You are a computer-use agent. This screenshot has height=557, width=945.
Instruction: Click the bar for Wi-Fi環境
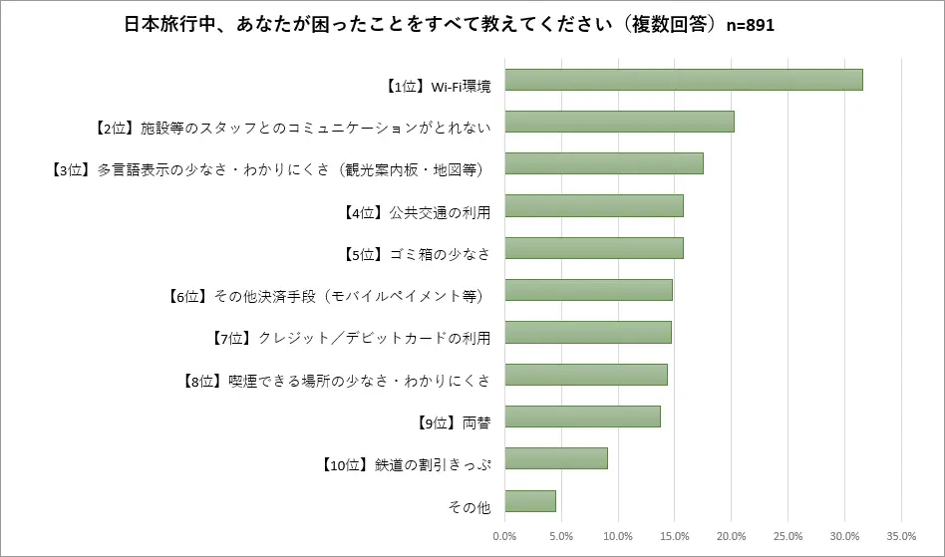(x=684, y=80)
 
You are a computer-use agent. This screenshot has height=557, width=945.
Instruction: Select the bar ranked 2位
(x=619, y=122)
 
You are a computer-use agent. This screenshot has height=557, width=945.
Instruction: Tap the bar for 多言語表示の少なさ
(x=604, y=163)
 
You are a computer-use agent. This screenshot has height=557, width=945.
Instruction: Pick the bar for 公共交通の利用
(x=594, y=205)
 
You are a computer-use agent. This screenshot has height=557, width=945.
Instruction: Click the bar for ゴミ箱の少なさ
(x=594, y=248)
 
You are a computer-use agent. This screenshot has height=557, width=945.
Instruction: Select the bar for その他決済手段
(x=588, y=290)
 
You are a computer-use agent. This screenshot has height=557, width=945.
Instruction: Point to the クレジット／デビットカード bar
(x=588, y=332)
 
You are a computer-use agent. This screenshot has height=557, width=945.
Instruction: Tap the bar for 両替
(x=582, y=417)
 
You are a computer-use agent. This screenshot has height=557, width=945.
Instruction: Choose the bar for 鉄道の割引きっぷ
(x=556, y=458)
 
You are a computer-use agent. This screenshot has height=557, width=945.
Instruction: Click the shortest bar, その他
(x=530, y=500)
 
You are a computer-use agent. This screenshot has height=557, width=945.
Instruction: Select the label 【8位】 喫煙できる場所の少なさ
(x=338, y=381)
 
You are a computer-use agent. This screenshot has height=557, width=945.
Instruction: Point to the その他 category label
(x=471, y=507)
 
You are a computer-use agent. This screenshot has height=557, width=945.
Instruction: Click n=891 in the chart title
(x=748, y=25)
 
